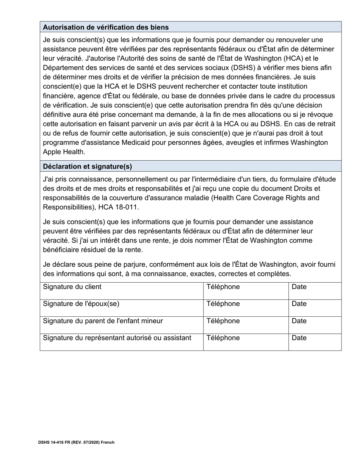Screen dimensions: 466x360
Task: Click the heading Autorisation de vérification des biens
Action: pos(106,27)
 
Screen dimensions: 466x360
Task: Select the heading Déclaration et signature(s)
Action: pos(88,166)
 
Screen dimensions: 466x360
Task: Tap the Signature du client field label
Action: pos(72,287)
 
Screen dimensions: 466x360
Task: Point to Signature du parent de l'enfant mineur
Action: pos(103,321)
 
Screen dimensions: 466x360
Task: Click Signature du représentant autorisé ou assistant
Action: pos(117,338)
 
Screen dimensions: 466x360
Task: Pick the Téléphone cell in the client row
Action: pos(223,287)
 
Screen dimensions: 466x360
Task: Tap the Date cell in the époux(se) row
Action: pos(299,304)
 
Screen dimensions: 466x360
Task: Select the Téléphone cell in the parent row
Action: pos(223,321)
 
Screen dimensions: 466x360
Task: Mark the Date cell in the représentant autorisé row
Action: pos(299,338)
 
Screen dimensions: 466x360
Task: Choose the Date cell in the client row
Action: pos(299,287)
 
